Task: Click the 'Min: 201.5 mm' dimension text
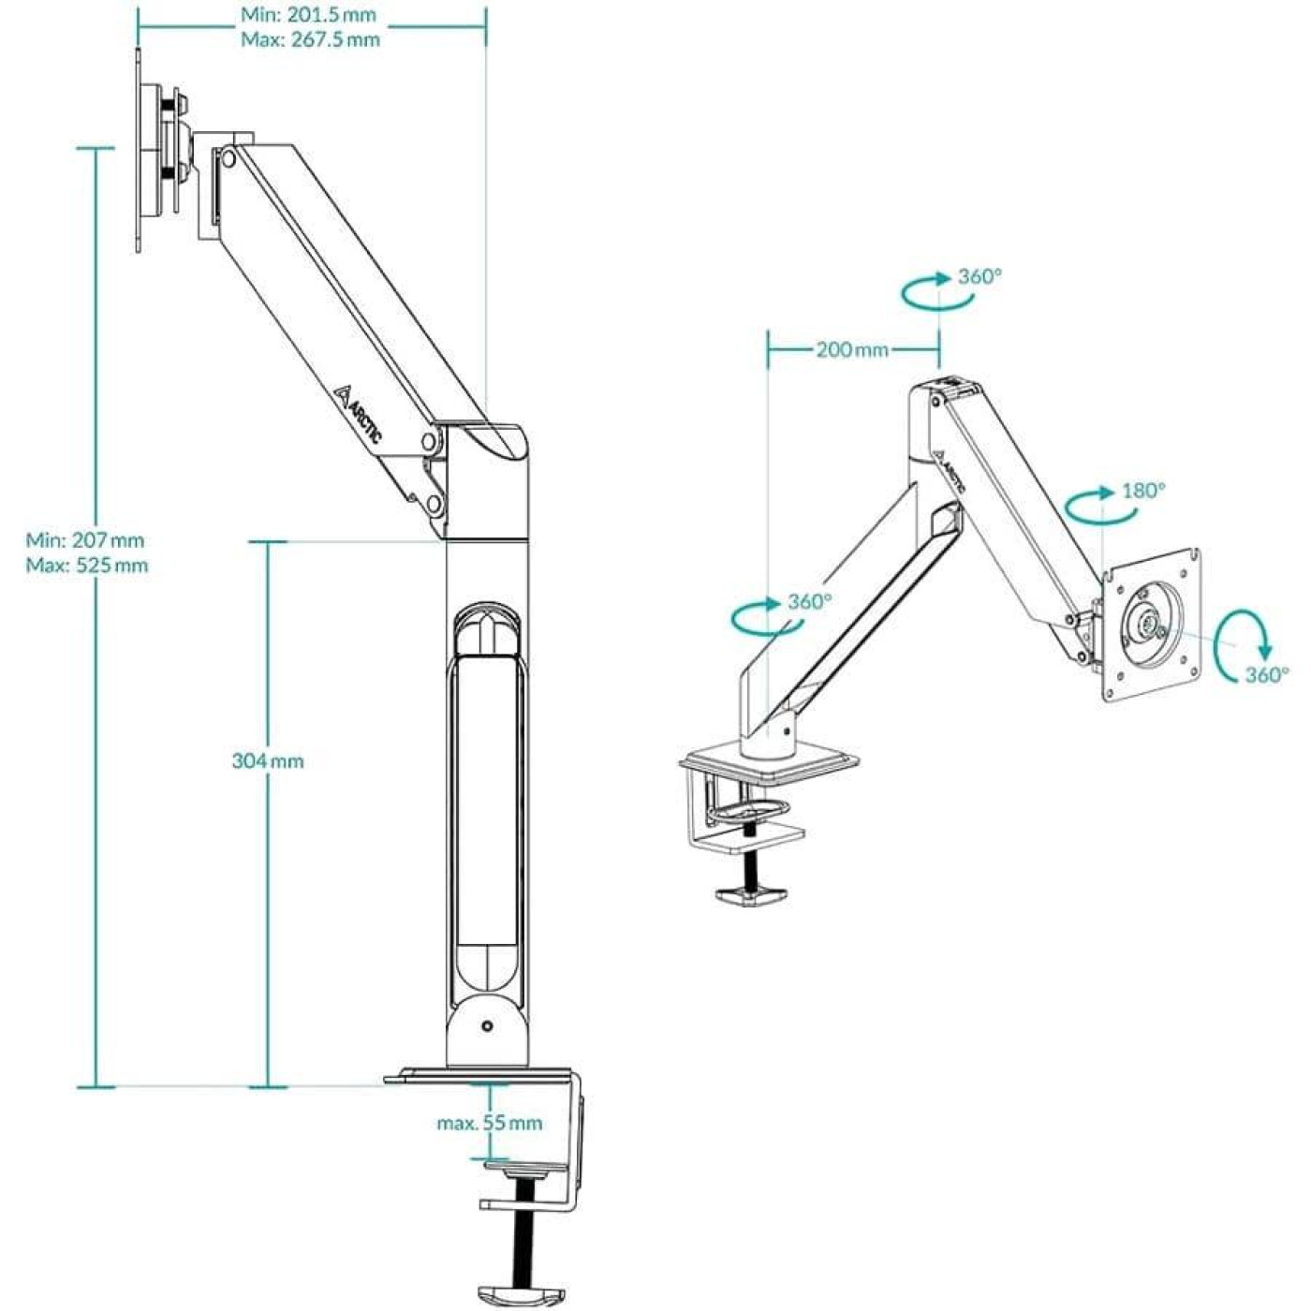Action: (308, 15)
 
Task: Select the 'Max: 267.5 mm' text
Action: (310, 39)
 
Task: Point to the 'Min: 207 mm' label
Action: (85, 540)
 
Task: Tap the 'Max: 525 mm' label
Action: (87, 566)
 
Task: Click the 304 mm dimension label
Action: (268, 761)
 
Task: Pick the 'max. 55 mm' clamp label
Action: (489, 1123)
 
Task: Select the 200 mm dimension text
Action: (852, 350)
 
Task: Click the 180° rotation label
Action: (1143, 491)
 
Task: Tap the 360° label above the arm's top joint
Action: (980, 277)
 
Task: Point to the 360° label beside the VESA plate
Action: (1266, 675)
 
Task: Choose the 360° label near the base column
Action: (809, 601)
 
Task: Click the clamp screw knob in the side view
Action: (516, 1296)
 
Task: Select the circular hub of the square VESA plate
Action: (1149, 622)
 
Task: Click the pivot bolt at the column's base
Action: (487, 1026)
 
